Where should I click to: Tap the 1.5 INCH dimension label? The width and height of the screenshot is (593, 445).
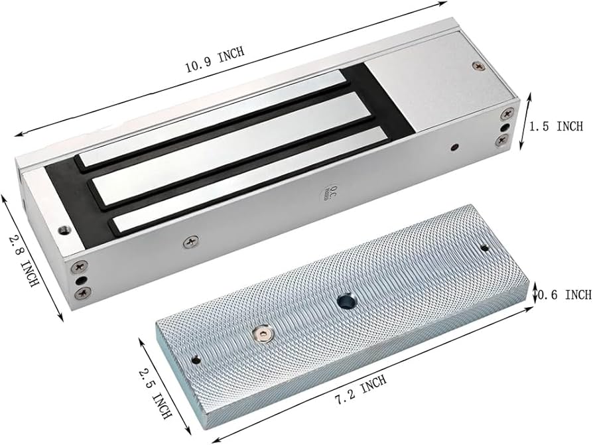pos(556,126)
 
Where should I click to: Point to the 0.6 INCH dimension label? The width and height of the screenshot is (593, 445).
pos(565,294)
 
